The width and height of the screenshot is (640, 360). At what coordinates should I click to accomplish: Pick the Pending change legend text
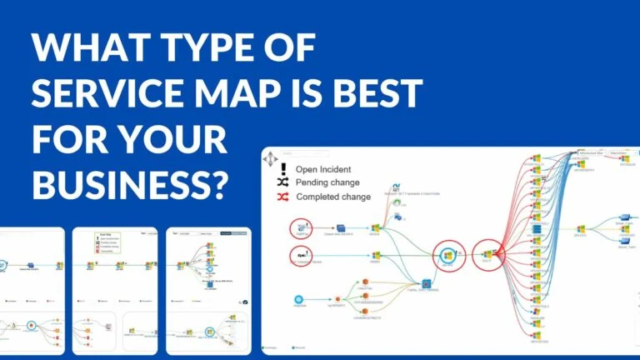(328, 182)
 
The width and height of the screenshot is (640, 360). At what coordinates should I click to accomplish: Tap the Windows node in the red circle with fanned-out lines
(487, 254)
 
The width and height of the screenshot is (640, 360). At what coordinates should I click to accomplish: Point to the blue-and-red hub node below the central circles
(425, 284)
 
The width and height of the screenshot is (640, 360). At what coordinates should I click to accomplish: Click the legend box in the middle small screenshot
(109, 242)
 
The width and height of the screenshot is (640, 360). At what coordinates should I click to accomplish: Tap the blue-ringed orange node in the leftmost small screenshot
(30, 325)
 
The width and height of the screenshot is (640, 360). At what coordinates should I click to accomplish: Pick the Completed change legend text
(333, 197)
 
